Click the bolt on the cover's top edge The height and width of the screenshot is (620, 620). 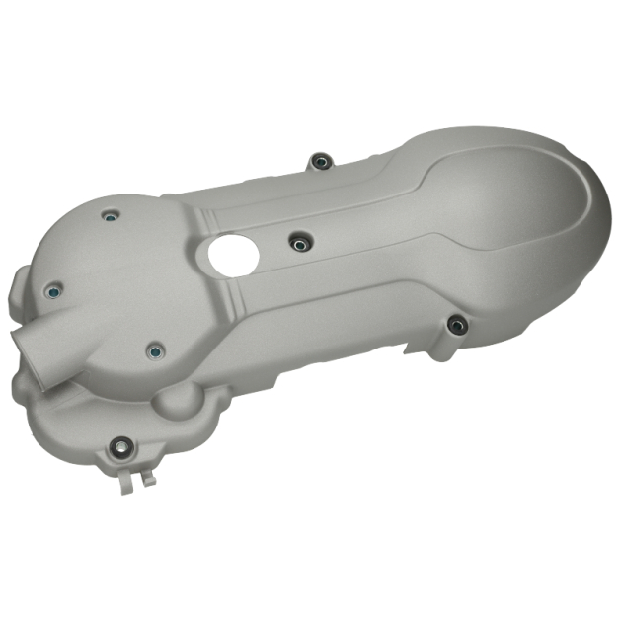point(318,161)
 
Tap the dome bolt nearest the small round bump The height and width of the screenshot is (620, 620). point(154,350)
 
